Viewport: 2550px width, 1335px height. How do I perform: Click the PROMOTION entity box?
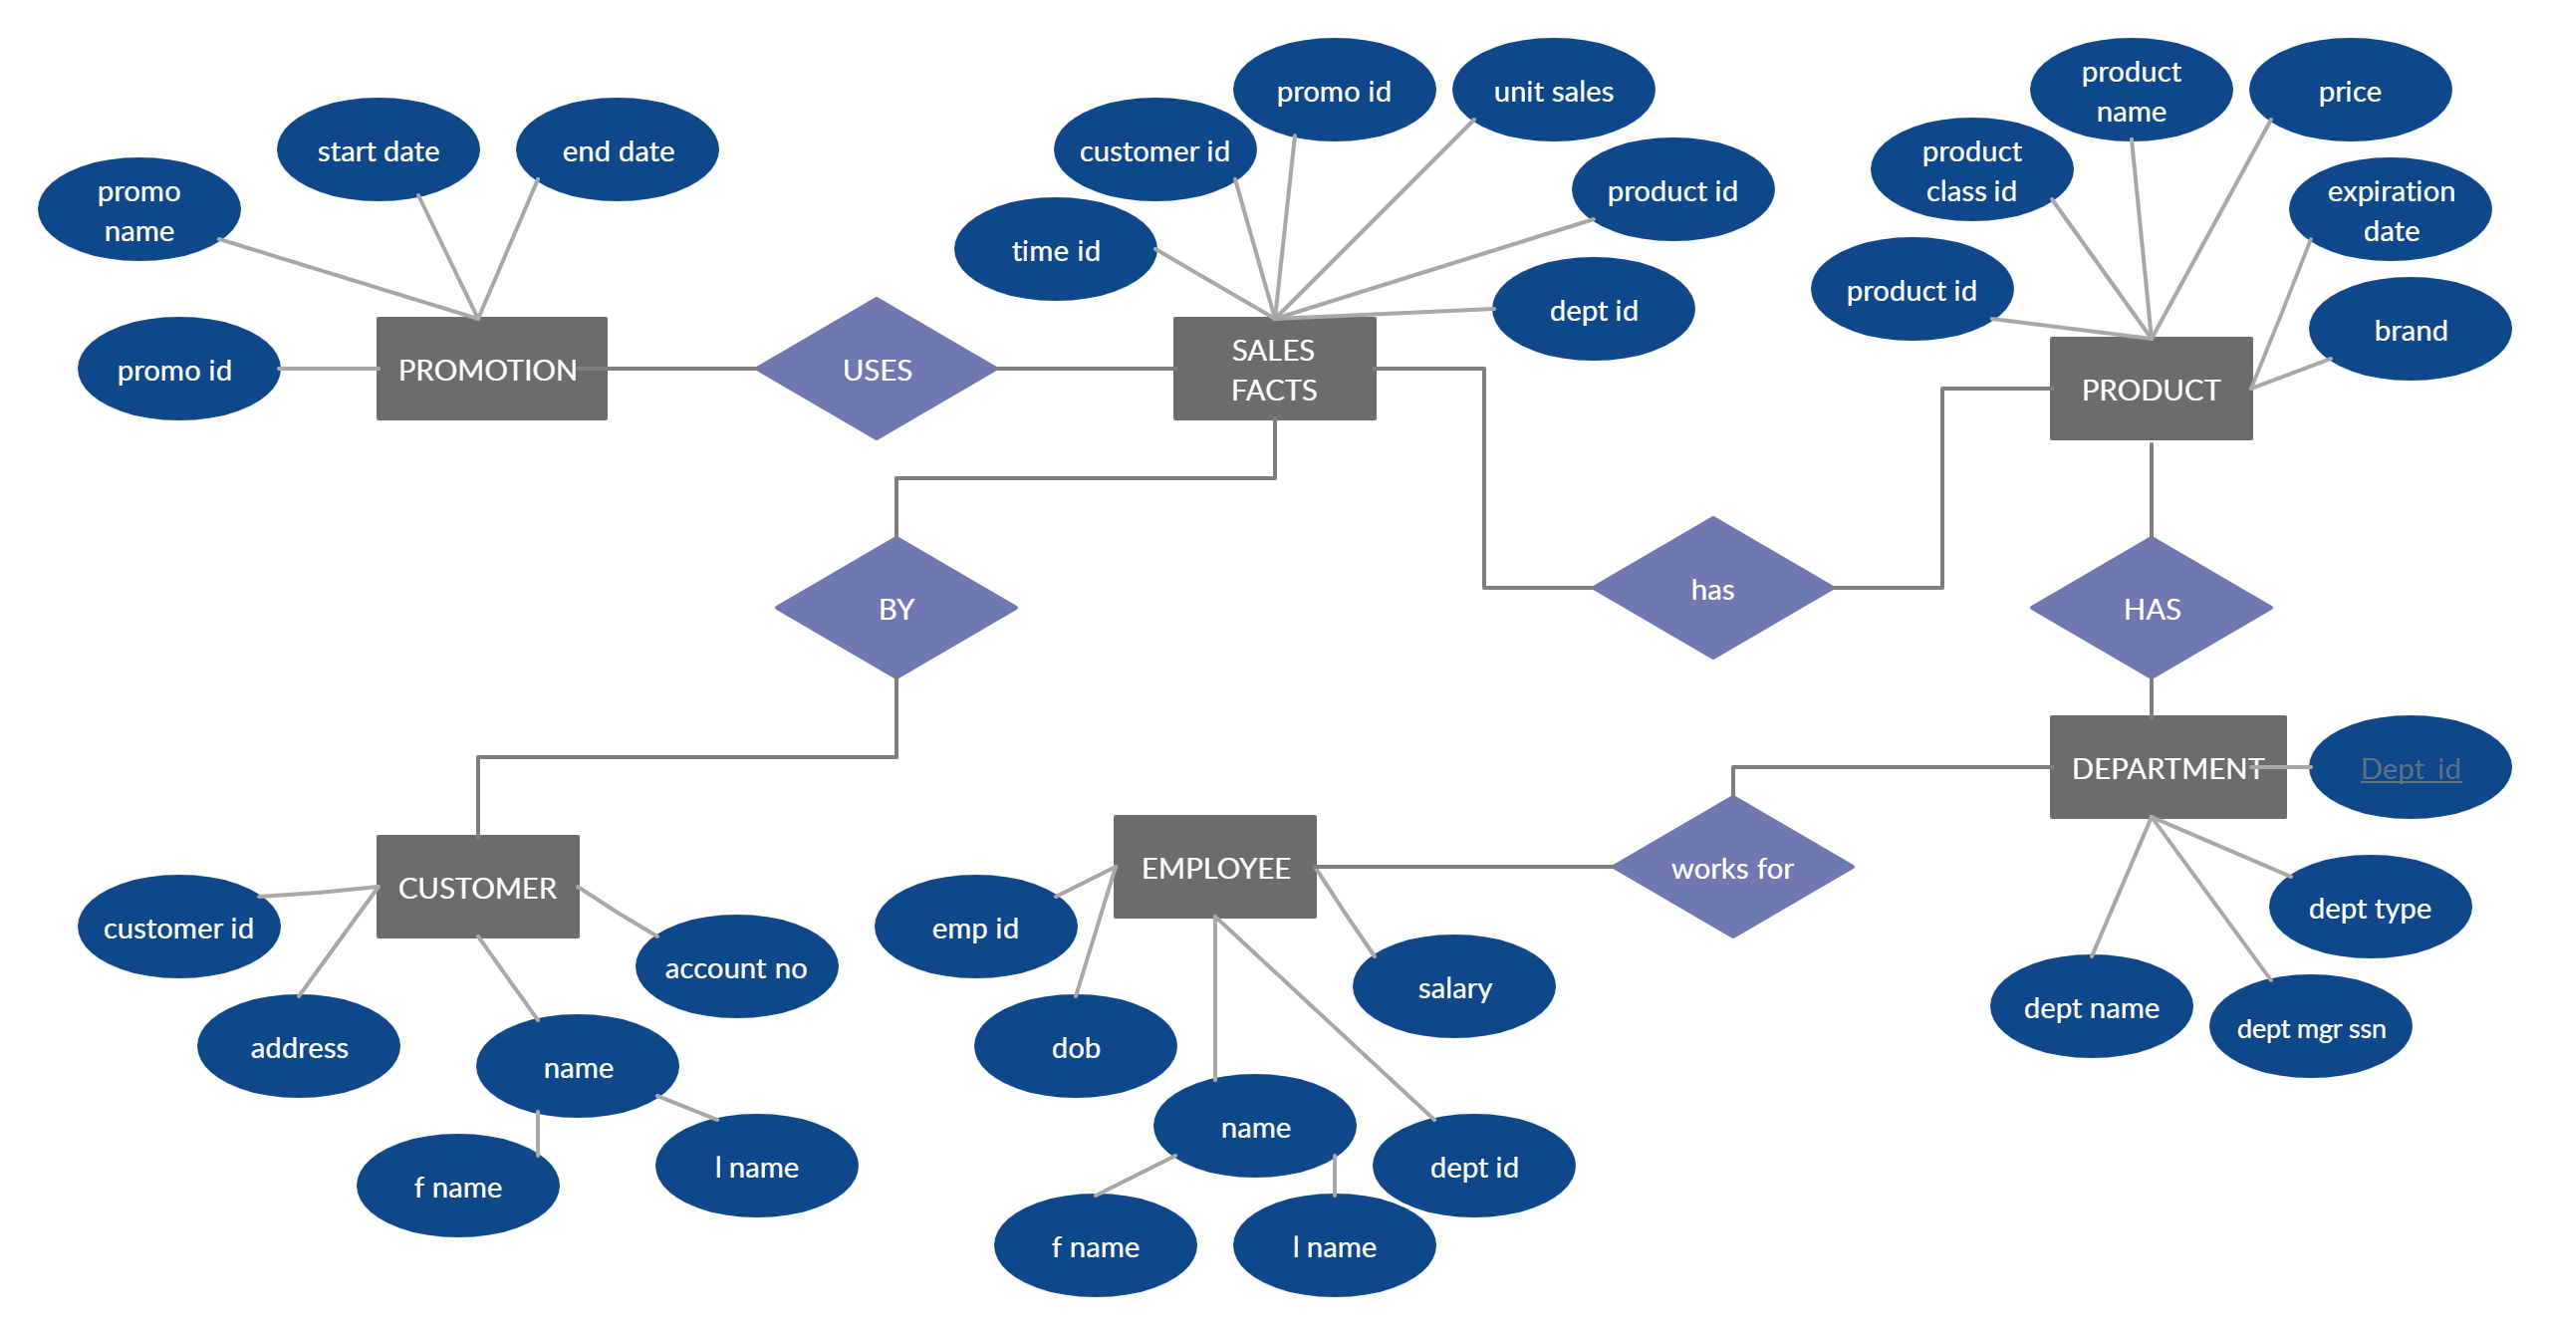pos(492,369)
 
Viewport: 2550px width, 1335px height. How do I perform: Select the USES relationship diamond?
pos(877,369)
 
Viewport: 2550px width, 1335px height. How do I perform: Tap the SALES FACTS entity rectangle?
pos(1275,369)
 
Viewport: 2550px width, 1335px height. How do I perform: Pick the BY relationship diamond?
pos(896,608)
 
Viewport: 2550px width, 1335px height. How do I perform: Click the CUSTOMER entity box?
pos(478,887)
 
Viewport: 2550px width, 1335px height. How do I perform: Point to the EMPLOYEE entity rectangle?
pos(1215,867)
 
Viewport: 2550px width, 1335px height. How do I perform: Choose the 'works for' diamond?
pos(1733,867)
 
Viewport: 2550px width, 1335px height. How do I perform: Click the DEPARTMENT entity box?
pos(2168,767)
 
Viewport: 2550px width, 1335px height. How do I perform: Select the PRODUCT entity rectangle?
pos(2152,389)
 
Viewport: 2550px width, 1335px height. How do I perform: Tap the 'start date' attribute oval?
pos(379,149)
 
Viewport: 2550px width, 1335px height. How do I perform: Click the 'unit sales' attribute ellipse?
pos(1554,90)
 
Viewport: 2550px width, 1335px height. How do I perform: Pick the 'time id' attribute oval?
pos(1056,249)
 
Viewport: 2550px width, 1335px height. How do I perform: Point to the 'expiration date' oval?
pos(2391,209)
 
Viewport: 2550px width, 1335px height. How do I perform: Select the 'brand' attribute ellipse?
pos(2411,329)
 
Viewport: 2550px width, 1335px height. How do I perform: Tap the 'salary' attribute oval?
pos(1454,986)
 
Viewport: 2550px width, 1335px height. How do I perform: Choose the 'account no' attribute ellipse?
pos(737,966)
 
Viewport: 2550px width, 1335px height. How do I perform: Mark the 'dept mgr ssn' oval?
pos(2311,1026)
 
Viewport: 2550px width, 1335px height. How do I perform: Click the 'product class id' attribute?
pos(1972,169)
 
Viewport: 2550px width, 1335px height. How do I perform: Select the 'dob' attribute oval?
pos(1076,1046)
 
